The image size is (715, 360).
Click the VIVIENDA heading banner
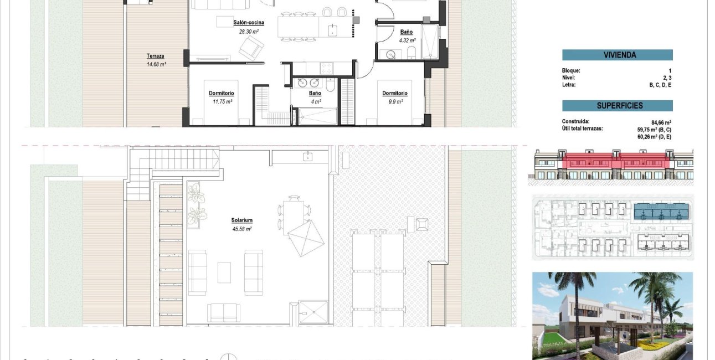click(x=617, y=55)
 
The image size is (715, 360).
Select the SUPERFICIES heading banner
click(x=617, y=106)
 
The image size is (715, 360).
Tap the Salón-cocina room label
click(x=248, y=23)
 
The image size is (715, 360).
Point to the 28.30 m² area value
click(x=249, y=32)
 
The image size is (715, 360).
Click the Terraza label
click(x=155, y=56)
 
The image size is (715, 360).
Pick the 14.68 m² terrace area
click(x=156, y=64)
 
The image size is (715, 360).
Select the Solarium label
click(x=242, y=220)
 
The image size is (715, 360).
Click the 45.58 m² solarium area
click(x=242, y=229)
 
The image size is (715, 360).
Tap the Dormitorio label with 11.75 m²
click(x=222, y=93)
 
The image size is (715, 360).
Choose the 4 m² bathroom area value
click(x=315, y=102)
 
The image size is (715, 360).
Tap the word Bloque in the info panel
click(x=571, y=71)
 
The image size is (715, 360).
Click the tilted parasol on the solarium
click(x=305, y=237)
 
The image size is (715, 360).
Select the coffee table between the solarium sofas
click(x=224, y=272)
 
